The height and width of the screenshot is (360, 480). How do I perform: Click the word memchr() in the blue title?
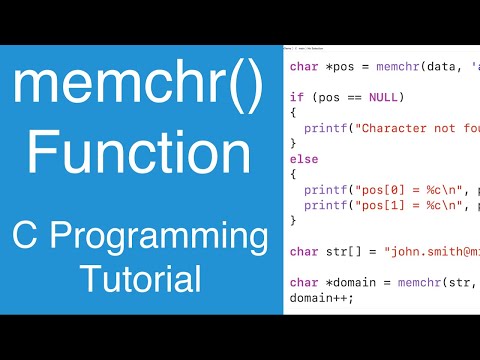click(139, 91)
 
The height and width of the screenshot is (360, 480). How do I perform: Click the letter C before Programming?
click(26, 239)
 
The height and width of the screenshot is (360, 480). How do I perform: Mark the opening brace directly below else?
click(293, 173)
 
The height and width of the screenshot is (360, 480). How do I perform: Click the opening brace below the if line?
click(293, 114)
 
